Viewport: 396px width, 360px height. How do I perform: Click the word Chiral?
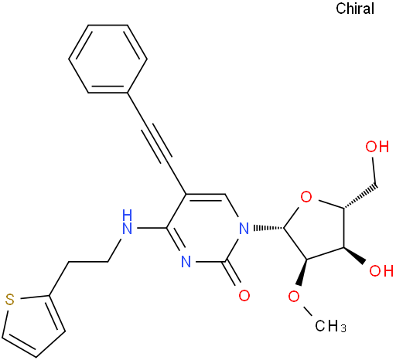(x=355, y=8)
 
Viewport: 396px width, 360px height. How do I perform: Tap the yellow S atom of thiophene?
(x=10, y=300)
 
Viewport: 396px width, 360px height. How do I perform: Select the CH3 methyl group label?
(x=330, y=326)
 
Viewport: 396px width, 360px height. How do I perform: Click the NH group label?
(x=128, y=222)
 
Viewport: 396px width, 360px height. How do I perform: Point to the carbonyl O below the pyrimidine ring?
(x=244, y=295)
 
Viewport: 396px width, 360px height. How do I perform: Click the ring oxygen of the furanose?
(x=306, y=197)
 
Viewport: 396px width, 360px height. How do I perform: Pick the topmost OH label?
(x=377, y=147)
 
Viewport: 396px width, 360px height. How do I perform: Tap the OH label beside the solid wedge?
(x=381, y=270)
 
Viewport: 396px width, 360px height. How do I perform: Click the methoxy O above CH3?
(x=294, y=297)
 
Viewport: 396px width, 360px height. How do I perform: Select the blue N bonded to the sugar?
(x=244, y=228)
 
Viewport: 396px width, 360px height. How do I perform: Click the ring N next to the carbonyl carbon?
(x=186, y=262)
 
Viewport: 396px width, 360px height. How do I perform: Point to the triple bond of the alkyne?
(x=157, y=143)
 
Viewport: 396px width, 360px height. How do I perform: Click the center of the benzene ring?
(x=108, y=59)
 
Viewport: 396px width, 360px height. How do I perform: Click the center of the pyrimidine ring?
(x=206, y=228)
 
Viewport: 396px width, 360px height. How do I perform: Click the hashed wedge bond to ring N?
(x=268, y=228)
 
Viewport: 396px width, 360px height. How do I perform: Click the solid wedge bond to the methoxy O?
(x=302, y=272)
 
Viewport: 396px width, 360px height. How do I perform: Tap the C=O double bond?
(x=231, y=274)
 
